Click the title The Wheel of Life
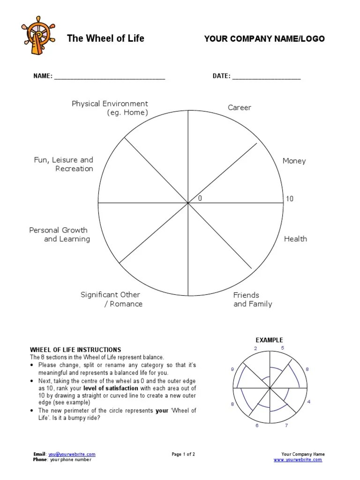[105, 38]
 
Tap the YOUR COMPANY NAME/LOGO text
[264, 39]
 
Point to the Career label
[240, 108]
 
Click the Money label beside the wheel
[294, 161]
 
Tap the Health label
[295, 239]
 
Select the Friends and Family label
[253, 300]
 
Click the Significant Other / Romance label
[111, 300]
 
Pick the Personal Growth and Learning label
[59, 235]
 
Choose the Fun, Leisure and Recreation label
[64, 164]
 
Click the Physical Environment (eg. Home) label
[110, 108]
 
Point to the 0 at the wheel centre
[200, 199]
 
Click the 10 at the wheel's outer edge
[290, 199]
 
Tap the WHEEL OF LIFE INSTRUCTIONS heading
[75, 350]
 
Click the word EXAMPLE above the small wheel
[269, 340]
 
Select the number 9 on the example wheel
[232, 370]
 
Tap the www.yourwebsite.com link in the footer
[298, 460]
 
